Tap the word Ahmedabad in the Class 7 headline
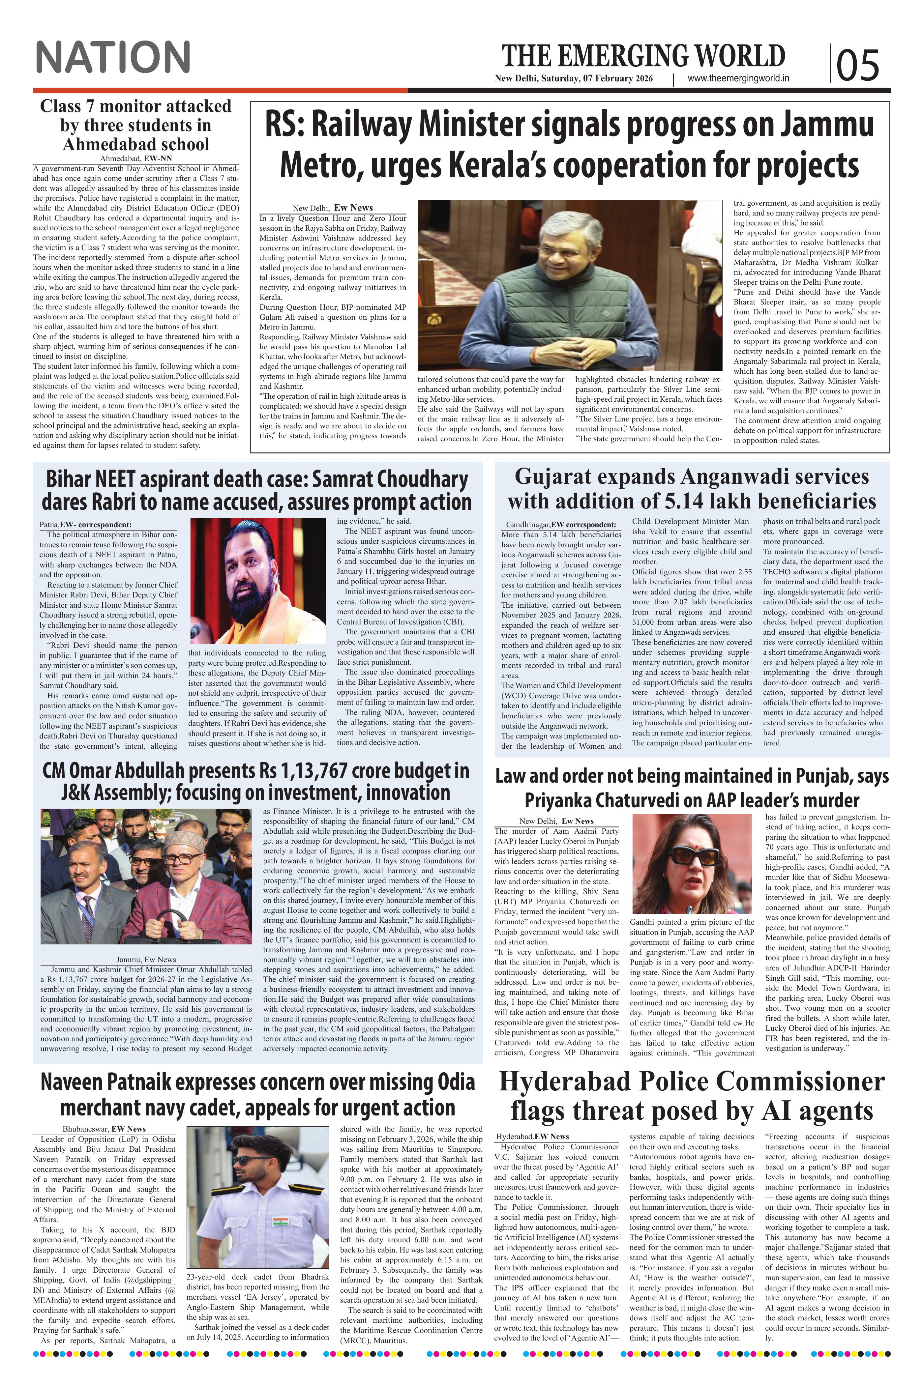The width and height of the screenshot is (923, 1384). coord(135,144)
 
